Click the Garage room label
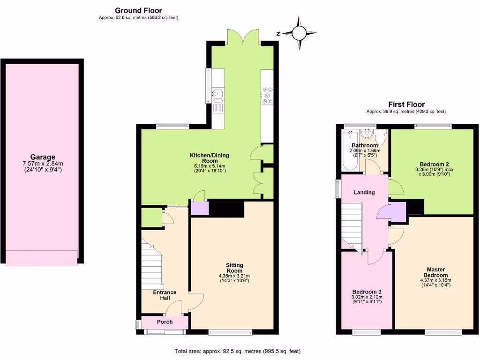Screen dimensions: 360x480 pos(43,157)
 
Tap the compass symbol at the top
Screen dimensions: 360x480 pos(299,33)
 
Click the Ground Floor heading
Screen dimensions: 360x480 pos(138,10)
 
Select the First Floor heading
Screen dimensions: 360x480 pos(406,105)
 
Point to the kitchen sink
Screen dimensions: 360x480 pos(218,95)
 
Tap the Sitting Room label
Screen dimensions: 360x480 pos(234,268)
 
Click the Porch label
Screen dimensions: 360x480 pos(165,322)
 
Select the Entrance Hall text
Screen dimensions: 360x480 pos(165,295)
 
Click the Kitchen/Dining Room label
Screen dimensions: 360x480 pos(209,158)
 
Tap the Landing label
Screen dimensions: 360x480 pos(364,192)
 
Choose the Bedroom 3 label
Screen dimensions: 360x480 pos(367,291)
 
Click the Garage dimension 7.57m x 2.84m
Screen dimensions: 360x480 pos(43,164)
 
